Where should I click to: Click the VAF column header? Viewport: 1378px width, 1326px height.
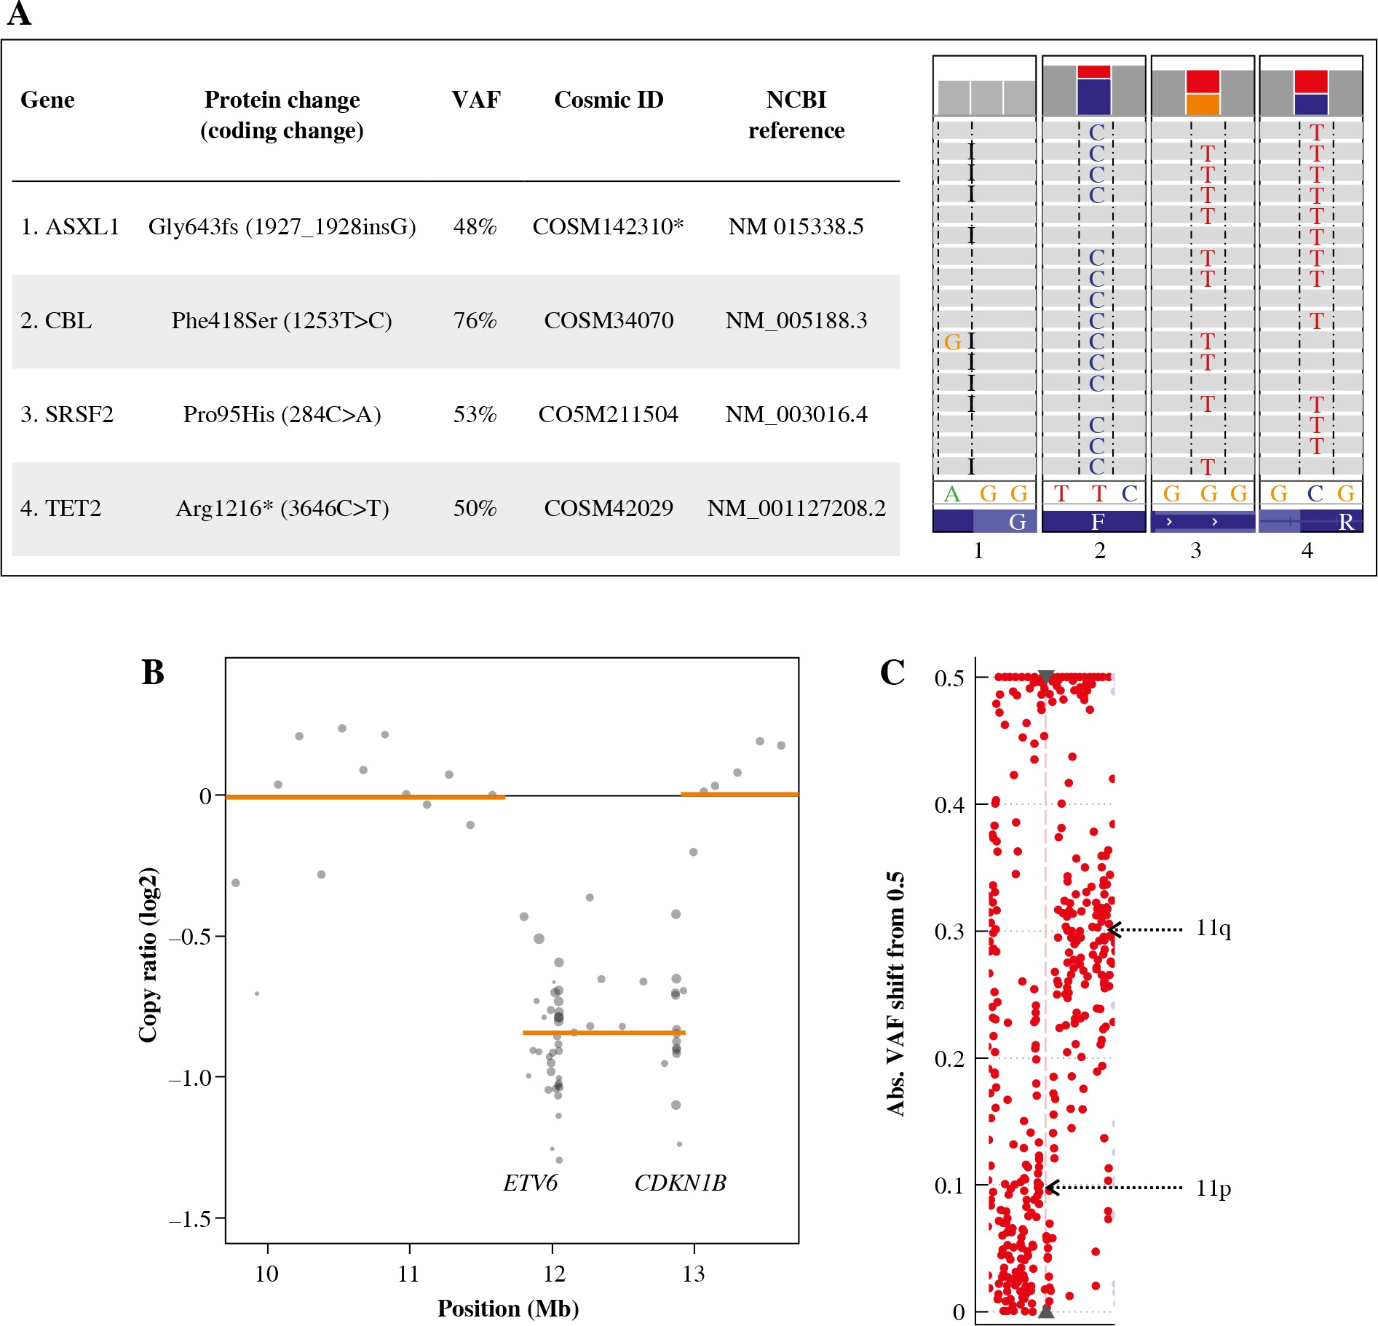click(x=475, y=100)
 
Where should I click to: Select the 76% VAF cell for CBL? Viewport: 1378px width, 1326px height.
click(x=475, y=321)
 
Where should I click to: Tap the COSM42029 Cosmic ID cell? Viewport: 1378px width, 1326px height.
click(x=609, y=508)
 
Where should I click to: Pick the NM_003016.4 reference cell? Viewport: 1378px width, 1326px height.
click(x=796, y=415)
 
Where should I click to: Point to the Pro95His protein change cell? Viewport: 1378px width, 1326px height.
click(x=282, y=415)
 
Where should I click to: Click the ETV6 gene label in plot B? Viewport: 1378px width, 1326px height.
click(x=530, y=1183)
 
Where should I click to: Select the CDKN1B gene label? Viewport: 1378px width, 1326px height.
click(x=680, y=1183)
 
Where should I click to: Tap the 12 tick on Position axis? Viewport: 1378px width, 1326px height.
click(x=553, y=1274)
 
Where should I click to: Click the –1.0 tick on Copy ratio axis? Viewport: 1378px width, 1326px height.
click(x=191, y=1078)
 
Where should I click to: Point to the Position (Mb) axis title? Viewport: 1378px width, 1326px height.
click(x=507, y=1309)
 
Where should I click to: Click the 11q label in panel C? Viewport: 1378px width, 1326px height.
click(x=1213, y=929)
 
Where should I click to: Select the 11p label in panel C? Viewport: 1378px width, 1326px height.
click(x=1213, y=1188)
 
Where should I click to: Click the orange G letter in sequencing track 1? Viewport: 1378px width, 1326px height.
click(x=952, y=342)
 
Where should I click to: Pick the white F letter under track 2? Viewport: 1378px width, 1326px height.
click(x=1098, y=522)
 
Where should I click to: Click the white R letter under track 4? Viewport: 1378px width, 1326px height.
click(x=1345, y=522)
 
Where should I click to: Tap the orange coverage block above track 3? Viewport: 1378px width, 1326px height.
click(x=1203, y=104)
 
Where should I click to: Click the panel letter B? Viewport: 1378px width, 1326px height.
click(x=153, y=672)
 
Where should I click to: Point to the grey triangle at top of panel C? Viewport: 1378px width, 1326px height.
click(x=1046, y=676)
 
